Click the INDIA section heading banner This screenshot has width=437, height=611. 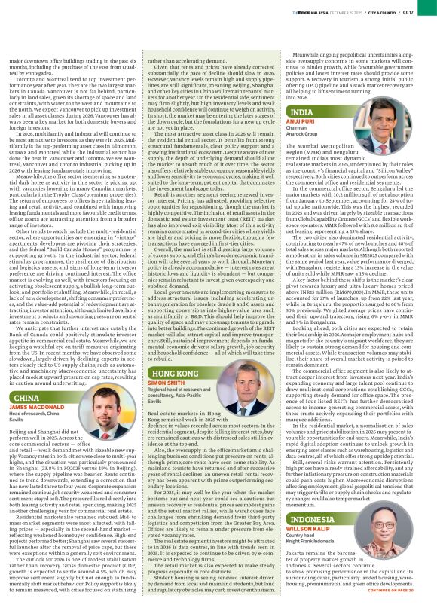click(303, 112)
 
